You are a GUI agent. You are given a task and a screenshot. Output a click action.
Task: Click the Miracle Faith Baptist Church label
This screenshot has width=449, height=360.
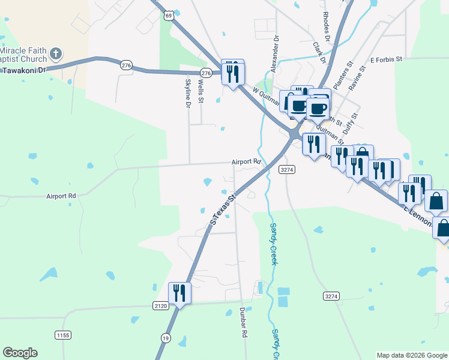click(x=23, y=53)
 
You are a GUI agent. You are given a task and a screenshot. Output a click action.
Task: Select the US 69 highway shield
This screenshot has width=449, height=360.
click(x=170, y=15)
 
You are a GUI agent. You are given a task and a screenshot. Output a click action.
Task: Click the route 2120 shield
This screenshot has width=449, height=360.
click(x=160, y=306)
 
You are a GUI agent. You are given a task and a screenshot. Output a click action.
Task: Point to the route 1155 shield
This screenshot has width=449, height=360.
click(x=62, y=334)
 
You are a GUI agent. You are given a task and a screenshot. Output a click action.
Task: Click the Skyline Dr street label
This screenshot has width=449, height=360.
click(x=187, y=93)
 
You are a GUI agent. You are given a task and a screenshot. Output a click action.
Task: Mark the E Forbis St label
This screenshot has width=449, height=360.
click(x=389, y=60)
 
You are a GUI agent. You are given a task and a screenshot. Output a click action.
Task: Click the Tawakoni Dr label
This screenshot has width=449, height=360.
click(x=23, y=70)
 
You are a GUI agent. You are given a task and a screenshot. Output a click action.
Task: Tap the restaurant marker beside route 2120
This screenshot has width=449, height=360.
click(x=179, y=293)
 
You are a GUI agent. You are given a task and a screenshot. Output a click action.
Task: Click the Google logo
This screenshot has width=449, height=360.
click(x=20, y=353)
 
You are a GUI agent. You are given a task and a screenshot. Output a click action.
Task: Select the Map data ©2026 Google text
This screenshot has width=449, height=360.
click(x=412, y=355)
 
